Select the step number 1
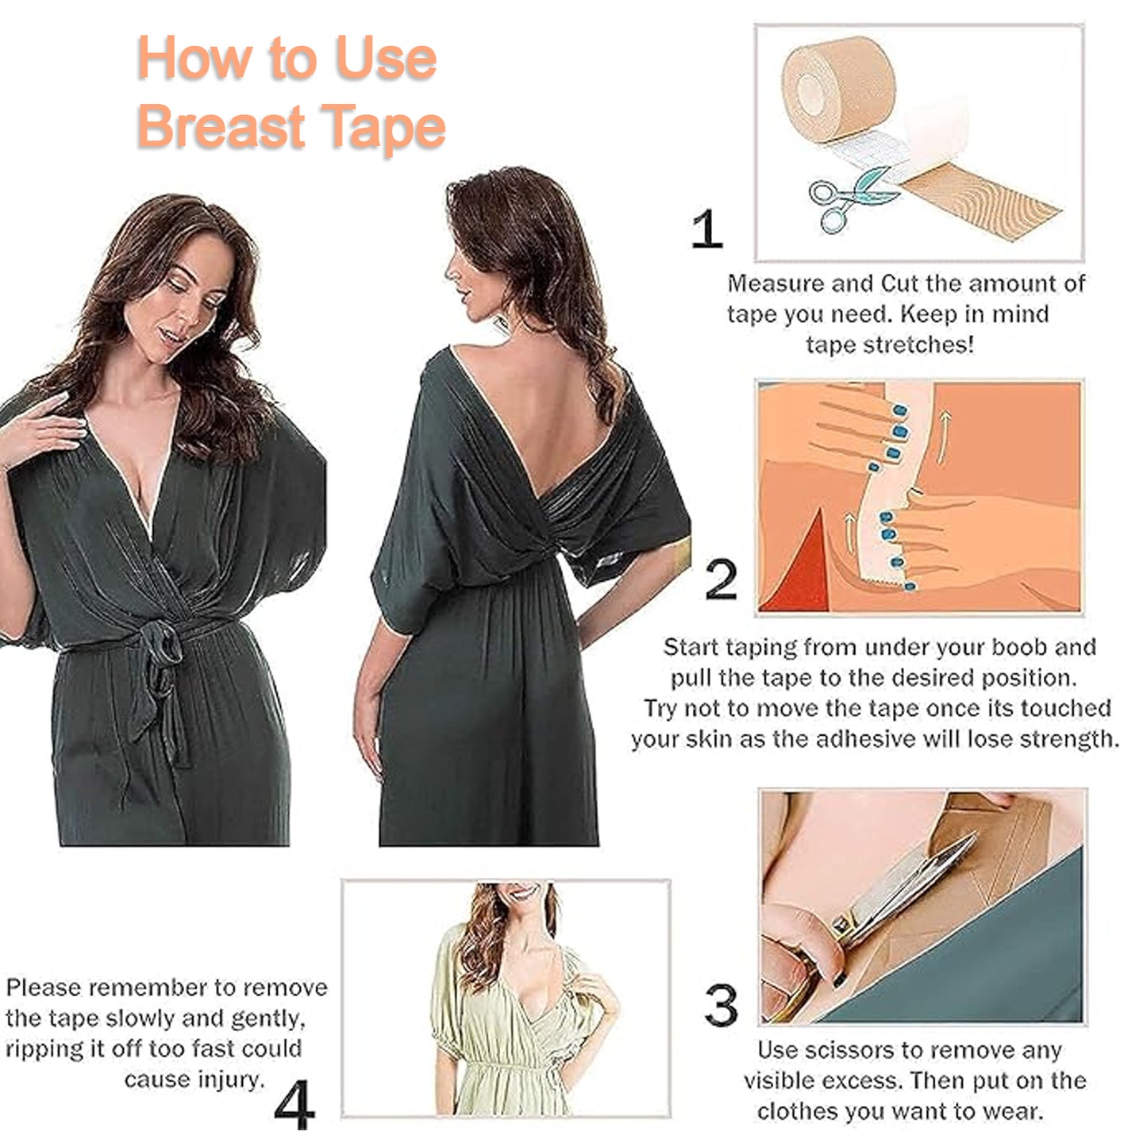(706, 229)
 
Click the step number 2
(721, 579)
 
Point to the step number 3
(721, 1004)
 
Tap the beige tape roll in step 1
(837, 87)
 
